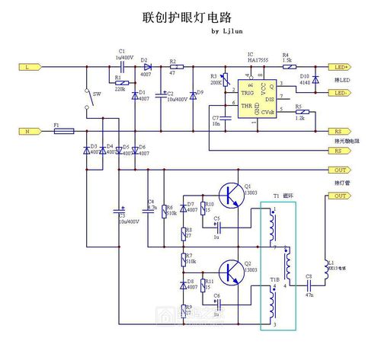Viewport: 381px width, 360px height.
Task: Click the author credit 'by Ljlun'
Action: (x=226, y=32)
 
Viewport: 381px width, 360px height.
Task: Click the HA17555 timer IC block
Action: (x=255, y=99)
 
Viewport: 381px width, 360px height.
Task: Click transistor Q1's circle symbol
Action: (x=231, y=195)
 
